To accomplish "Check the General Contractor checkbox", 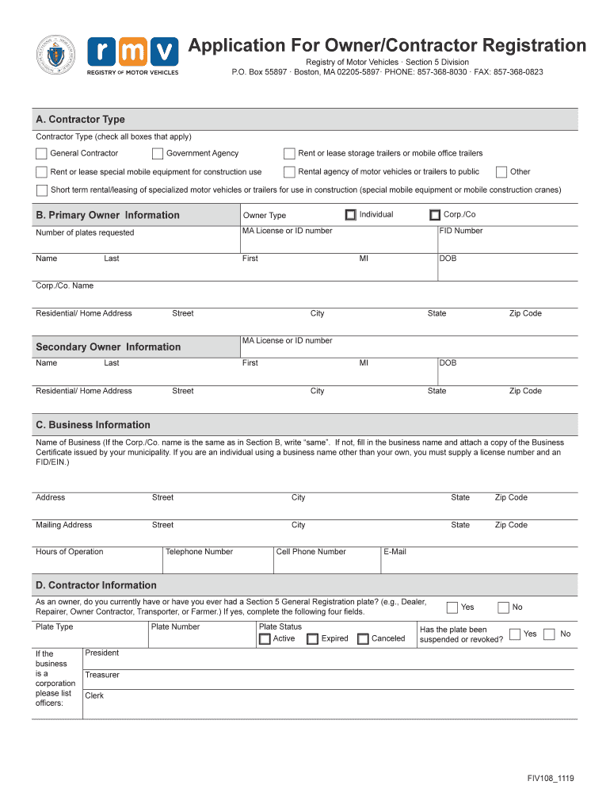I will tap(41, 154).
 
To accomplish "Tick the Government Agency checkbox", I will tap(158, 154).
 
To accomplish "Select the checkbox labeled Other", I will tap(501, 172).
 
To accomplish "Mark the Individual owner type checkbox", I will tap(351, 215).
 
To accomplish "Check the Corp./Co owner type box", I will tap(435, 215).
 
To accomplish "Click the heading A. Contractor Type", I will tap(80, 120).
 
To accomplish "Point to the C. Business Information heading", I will tap(93, 425).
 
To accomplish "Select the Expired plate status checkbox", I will tap(313, 639).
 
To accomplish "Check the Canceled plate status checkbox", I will tap(363, 639).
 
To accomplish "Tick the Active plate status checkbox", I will tap(265, 639).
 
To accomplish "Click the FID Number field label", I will tap(461, 231).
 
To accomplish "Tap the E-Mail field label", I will tap(395, 552).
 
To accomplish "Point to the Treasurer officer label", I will tap(102, 675).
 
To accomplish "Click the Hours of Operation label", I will tap(69, 552).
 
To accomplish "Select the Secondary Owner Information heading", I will tap(108, 347).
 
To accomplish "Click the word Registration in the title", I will tap(526, 45).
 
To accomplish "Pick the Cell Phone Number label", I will tap(311, 552).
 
